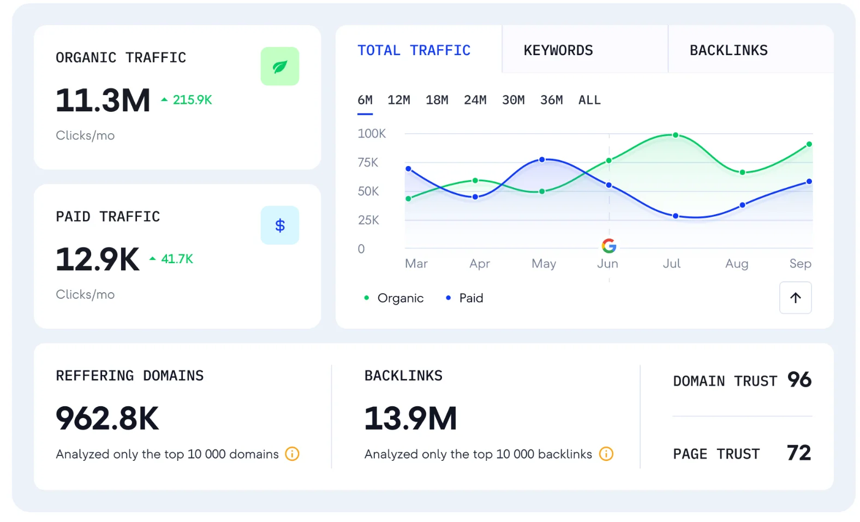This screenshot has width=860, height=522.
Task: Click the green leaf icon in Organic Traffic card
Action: click(x=279, y=67)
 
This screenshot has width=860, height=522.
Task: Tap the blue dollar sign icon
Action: click(x=279, y=225)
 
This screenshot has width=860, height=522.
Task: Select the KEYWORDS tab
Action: click(x=558, y=50)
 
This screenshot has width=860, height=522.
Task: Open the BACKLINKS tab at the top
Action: click(x=728, y=50)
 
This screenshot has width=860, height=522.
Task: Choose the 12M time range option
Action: click(x=398, y=100)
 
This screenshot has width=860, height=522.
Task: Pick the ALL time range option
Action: click(x=589, y=100)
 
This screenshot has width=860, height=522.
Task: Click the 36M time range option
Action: click(x=551, y=100)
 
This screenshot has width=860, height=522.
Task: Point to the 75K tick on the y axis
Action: click(x=368, y=162)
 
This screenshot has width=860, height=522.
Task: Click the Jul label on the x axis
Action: click(x=671, y=264)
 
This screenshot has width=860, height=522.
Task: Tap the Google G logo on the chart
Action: click(x=609, y=246)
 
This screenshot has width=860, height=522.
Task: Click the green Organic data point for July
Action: click(x=675, y=135)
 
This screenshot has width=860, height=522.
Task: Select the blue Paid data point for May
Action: click(x=542, y=159)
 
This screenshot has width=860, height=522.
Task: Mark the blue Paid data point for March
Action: click(x=408, y=169)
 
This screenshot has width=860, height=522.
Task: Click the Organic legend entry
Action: click(x=394, y=298)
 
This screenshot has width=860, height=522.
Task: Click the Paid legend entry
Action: click(x=465, y=298)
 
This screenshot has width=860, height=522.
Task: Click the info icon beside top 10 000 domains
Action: click(x=292, y=454)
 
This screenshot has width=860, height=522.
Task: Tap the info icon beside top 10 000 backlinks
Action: click(x=606, y=454)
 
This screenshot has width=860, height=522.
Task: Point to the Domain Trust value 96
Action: click(x=799, y=380)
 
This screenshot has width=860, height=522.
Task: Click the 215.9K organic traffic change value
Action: click(x=192, y=100)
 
